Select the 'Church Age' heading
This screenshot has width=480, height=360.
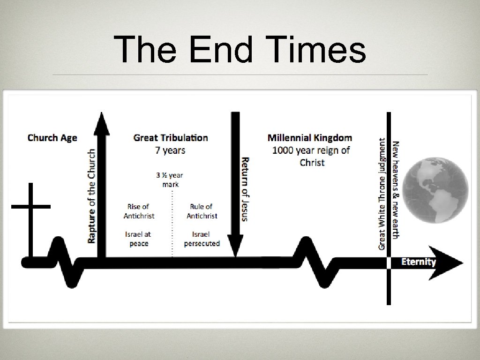click(52, 137)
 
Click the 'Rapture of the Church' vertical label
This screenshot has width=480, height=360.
click(92, 195)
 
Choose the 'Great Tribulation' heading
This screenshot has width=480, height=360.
click(171, 137)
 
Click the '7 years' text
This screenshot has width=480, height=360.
click(171, 150)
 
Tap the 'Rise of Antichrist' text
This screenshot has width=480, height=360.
click(139, 211)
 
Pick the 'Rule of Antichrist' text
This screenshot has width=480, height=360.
click(202, 211)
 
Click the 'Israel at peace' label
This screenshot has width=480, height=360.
click(138, 239)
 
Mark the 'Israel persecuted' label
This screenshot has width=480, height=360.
click(202, 239)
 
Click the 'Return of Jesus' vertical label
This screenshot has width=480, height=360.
click(245, 188)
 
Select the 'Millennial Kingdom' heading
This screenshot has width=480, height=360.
click(310, 137)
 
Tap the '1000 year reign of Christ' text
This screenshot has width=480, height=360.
click(311, 156)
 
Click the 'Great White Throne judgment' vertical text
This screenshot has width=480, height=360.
click(382, 193)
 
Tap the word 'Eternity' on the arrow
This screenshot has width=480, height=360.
click(419, 262)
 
